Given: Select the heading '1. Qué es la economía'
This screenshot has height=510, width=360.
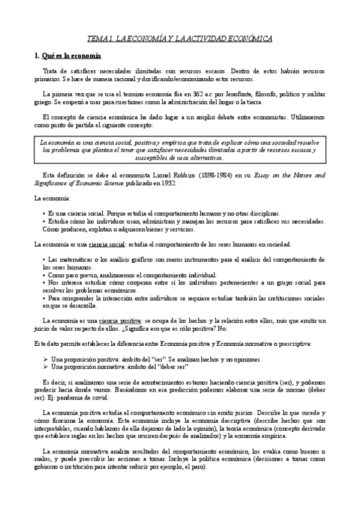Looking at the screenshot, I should click(67, 56).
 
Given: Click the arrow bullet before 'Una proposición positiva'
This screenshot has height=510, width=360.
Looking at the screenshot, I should click(46, 359).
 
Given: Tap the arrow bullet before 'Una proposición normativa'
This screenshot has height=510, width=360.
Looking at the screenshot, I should click(46, 367).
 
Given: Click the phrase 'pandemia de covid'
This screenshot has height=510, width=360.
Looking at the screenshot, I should click(94, 398).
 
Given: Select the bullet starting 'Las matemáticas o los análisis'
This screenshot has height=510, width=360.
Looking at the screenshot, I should click(180, 259).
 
